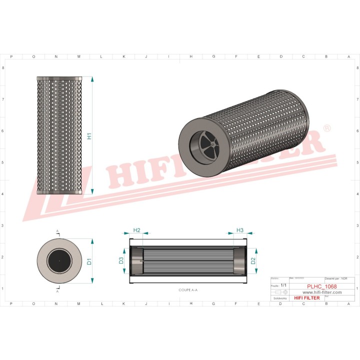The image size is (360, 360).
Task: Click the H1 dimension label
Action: pyautogui.click(x=89, y=135)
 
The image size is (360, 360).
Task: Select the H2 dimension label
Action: pyautogui.click(x=136, y=230)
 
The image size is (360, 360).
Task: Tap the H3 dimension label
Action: pyautogui.click(x=239, y=230)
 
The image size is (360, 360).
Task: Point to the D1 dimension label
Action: pyautogui.click(x=89, y=261)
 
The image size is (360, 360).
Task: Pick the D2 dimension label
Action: pyautogui.click(x=253, y=260)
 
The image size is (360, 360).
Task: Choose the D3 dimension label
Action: pyautogui.click(x=121, y=260)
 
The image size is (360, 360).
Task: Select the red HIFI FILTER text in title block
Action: pyautogui.click(x=307, y=298)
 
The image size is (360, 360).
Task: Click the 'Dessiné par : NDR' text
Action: pyautogui.click(x=336, y=278)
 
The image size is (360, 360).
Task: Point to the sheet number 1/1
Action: pyautogui.click(x=283, y=285)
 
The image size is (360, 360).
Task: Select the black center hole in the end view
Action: pyautogui.click(x=59, y=260)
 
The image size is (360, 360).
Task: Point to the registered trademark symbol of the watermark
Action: pyautogui.click(x=326, y=128)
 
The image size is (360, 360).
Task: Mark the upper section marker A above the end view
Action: pyautogui.click(x=57, y=231)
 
